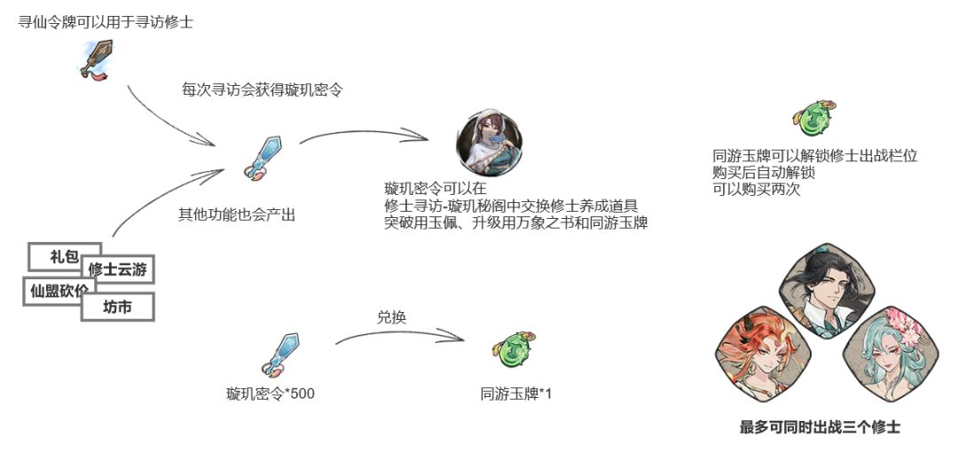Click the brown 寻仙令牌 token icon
(96, 60)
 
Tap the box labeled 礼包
(64, 256)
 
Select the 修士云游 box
(117, 269)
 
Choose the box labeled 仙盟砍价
(59, 292)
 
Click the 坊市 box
(117, 307)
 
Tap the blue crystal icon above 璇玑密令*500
(281, 355)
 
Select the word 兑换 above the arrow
(392, 317)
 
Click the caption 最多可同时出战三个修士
(820, 427)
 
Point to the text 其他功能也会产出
(237, 215)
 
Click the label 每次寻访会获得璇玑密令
(262, 90)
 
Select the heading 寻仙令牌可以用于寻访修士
(106, 23)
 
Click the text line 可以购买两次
(757, 190)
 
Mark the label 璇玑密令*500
(270, 394)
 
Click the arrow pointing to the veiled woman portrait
(364, 131)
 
